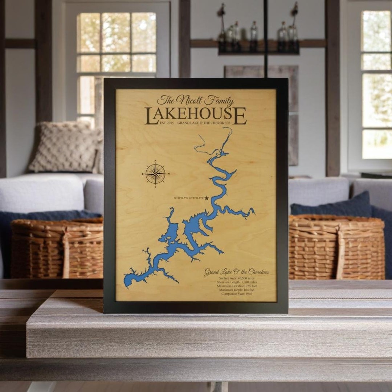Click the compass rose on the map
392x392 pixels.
click(x=155, y=173)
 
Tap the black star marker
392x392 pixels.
click(x=207, y=198)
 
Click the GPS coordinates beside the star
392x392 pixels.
click(x=188, y=198)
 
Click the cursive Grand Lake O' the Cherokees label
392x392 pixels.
click(x=236, y=272)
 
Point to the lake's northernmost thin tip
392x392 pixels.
click(x=230, y=129)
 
